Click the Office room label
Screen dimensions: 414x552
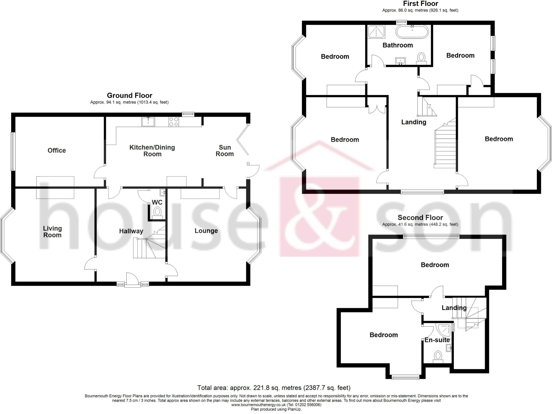57,150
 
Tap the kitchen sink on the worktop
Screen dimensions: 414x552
148,122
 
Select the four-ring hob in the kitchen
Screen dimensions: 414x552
174,122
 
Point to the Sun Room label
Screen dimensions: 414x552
225,151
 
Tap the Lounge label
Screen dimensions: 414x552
206,231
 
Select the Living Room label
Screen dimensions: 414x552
52,232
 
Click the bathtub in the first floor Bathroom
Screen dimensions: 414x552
412,32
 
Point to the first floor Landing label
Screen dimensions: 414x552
414,122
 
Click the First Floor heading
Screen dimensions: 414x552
420,4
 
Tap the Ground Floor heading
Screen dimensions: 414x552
130,95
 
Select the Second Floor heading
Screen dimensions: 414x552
420,217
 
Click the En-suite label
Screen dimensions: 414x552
437,340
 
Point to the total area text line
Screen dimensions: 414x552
274,388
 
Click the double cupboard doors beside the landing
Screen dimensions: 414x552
377,109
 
